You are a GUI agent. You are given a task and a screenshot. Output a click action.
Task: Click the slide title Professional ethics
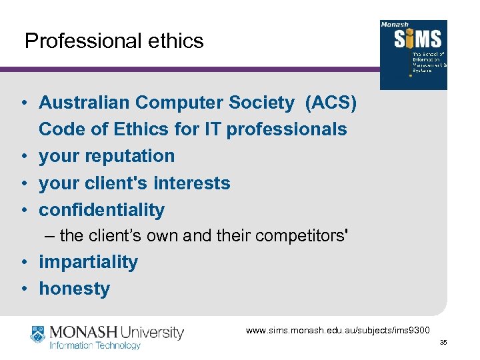pos(113,41)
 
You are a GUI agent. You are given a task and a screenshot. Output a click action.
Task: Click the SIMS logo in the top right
pos(413,55)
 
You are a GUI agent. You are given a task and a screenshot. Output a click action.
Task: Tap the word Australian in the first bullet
pos(84,103)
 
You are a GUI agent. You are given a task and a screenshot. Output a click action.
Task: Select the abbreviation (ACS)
pos(331,103)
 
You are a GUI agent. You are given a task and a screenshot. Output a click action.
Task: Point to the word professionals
pos(287,129)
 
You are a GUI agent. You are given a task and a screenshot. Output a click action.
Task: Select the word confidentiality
pos(101,209)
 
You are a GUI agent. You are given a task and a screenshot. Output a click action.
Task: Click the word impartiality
pos(88,262)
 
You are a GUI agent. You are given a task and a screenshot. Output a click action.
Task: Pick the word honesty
pos(74,289)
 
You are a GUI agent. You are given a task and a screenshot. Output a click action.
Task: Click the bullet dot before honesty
pos(23,289)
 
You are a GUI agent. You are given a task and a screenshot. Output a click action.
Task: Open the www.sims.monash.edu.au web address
pos(338,330)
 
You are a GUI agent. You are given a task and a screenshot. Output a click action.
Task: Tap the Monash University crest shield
pos(37,335)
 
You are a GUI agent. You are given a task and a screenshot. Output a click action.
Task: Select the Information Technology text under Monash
pos(95,345)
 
